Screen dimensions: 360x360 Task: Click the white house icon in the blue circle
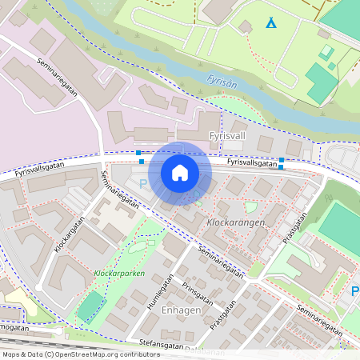pyautogui.click(x=180, y=173)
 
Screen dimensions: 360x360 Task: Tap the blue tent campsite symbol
pyautogui.click(x=271, y=24)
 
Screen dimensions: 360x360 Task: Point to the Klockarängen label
pyautogui.click(x=235, y=220)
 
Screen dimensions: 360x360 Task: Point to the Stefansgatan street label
pyautogui.click(x=161, y=344)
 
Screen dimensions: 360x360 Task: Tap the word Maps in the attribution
pyautogui.click(x=11, y=354)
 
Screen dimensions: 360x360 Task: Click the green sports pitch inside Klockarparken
pyautogui.click(x=90, y=306)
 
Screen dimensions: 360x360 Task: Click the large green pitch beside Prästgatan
pyautogui.click(x=342, y=228)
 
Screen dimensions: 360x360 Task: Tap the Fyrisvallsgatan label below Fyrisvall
pyautogui.click(x=252, y=162)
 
